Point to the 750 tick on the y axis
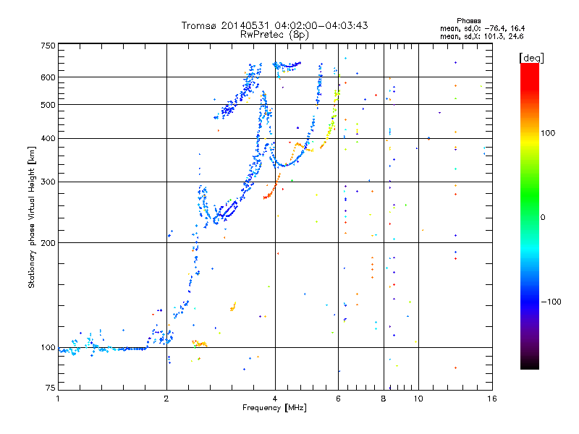(x=48, y=46)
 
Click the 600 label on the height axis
(x=48, y=77)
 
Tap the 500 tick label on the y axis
(x=48, y=105)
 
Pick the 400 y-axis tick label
(x=48, y=139)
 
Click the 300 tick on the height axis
(x=48, y=182)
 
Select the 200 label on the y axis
(x=48, y=243)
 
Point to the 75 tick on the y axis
(x=50, y=391)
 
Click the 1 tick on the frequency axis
(x=58, y=399)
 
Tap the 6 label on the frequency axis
(x=339, y=399)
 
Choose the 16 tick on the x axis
(x=491, y=399)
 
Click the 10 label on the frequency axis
(x=418, y=399)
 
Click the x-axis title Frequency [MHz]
(x=274, y=408)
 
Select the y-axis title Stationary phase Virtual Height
(x=32, y=217)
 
